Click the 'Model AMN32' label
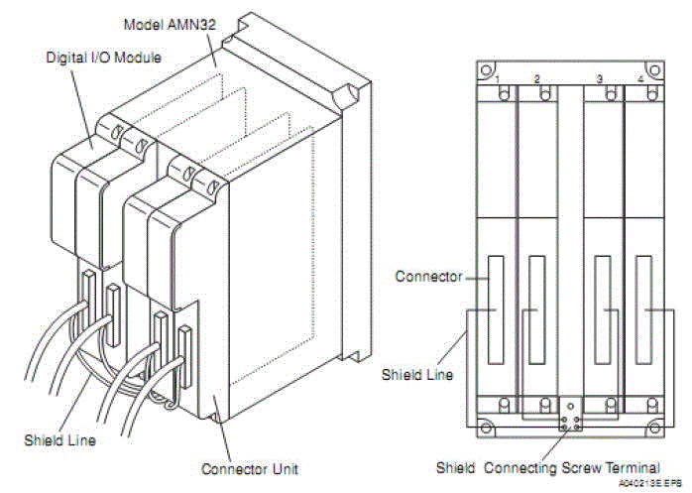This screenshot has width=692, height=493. (x=169, y=21)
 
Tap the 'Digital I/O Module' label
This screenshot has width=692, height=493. (x=104, y=60)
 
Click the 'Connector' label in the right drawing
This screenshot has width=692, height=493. (x=428, y=276)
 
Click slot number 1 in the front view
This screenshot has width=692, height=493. (x=498, y=77)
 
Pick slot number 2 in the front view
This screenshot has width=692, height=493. (x=536, y=77)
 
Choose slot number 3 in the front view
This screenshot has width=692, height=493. (x=601, y=77)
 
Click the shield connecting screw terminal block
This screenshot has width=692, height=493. (x=570, y=414)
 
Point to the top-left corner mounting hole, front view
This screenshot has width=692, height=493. (x=484, y=71)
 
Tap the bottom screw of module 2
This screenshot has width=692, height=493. (x=543, y=404)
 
